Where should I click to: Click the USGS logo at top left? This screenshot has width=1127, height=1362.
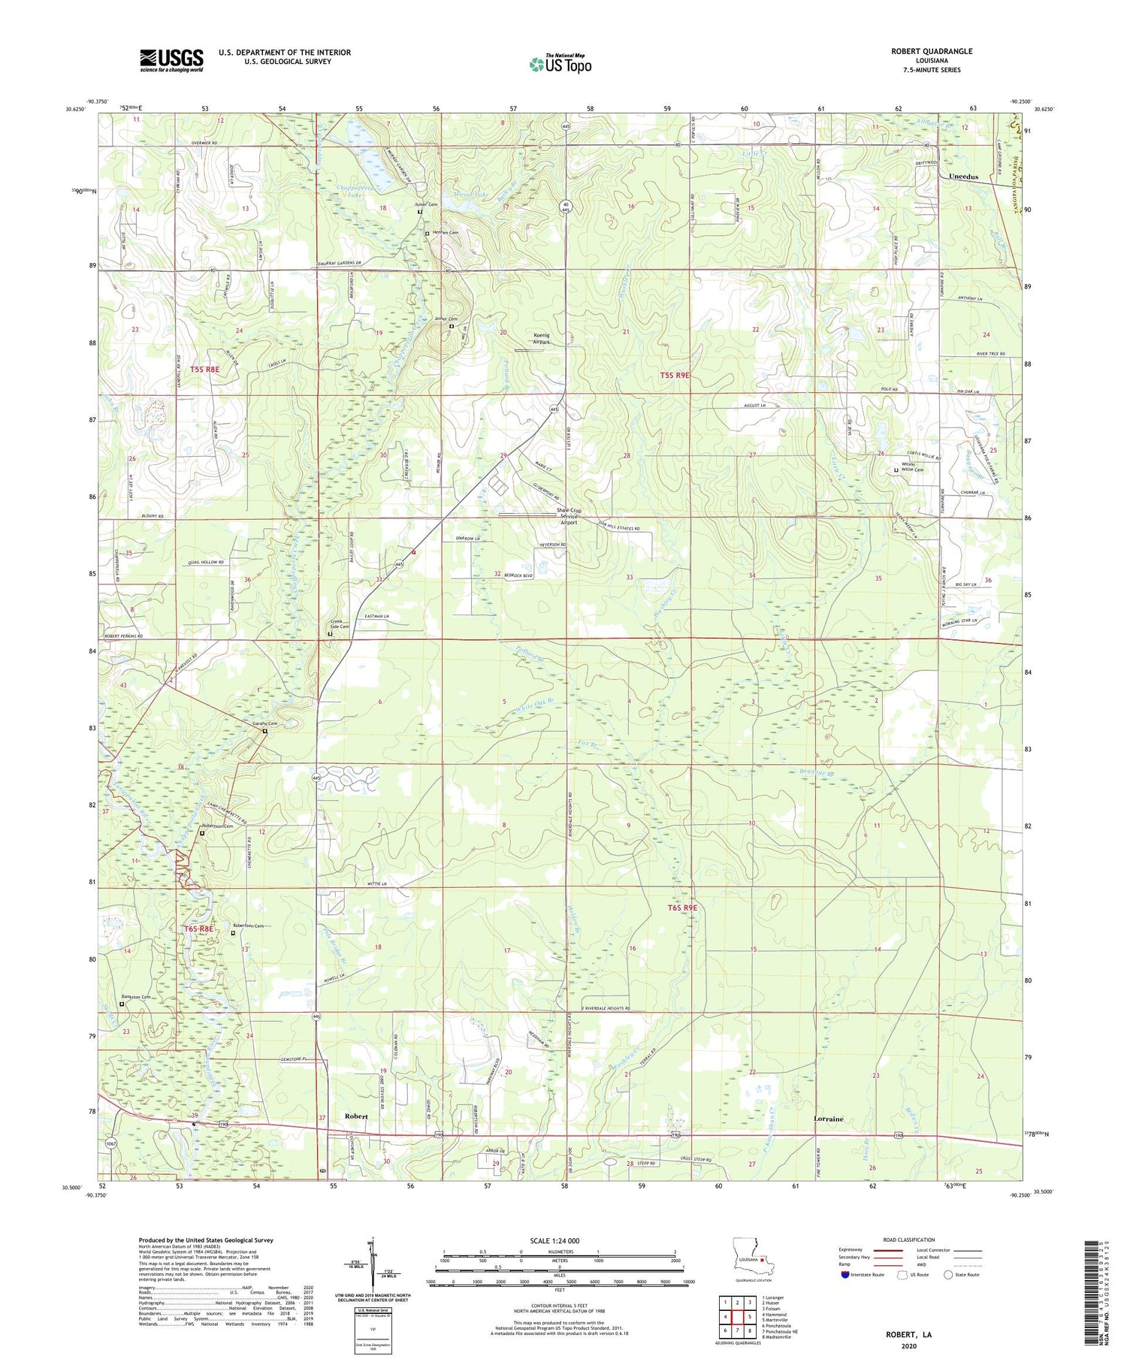coord(171,60)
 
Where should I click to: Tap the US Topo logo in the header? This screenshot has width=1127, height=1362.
coord(560,64)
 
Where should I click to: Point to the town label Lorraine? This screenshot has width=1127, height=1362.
coord(828,1119)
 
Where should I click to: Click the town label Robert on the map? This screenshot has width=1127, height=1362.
coord(356,1116)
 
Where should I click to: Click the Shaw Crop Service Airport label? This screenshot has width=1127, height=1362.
coord(569,516)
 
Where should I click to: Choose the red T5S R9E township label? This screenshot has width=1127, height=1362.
coord(675,375)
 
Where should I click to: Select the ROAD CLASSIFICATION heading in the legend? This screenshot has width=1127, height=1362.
coord(909,1240)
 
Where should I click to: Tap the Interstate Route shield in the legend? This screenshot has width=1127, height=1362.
coord(844,1274)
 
